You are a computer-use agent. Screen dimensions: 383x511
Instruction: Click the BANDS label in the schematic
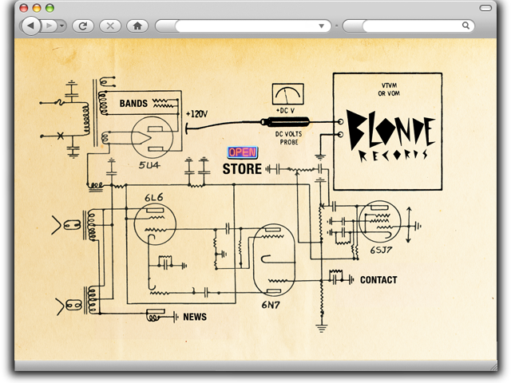click(x=133, y=104)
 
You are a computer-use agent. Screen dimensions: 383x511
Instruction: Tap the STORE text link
click(x=242, y=169)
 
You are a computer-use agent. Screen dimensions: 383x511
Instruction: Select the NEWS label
click(x=195, y=317)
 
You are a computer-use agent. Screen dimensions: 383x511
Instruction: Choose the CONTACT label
click(x=378, y=280)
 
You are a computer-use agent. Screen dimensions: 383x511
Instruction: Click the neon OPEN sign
click(x=242, y=152)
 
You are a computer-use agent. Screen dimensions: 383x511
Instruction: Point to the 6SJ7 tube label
click(x=381, y=250)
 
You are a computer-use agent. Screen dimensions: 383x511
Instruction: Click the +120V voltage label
click(x=196, y=114)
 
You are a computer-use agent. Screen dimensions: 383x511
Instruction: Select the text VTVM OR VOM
click(x=387, y=90)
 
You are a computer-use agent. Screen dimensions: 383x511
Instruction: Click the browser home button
click(x=137, y=26)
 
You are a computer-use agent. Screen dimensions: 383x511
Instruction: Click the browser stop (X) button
click(x=109, y=26)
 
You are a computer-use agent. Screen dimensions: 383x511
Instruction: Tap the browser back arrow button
click(x=30, y=26)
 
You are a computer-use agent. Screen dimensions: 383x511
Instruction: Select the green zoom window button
click(x=50, y=7)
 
